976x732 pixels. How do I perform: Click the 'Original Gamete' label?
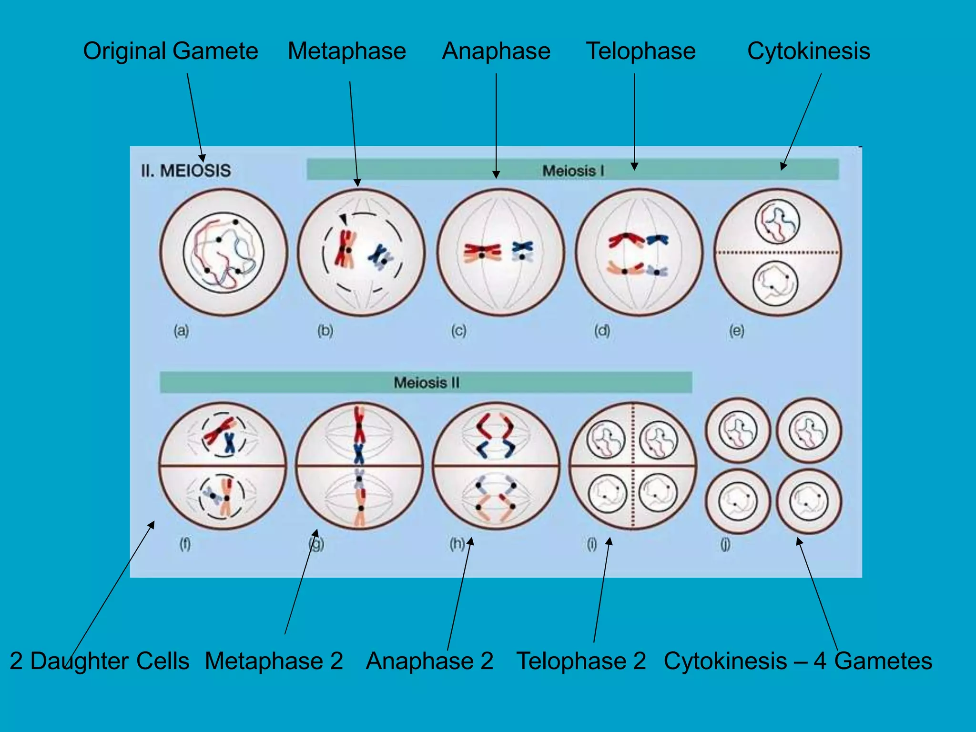[170, 51]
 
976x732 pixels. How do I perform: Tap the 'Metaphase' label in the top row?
[347, 51]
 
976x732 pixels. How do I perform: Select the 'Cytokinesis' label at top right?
[808, 51]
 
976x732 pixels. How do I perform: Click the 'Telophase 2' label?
[581, 661]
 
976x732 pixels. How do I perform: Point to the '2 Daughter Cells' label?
[100, 661]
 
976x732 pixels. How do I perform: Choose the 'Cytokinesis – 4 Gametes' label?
[798, 661]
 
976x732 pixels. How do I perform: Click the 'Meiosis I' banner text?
[573, 171]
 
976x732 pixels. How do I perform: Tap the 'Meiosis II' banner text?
[426, 383]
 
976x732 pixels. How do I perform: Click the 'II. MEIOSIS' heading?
[186, 171]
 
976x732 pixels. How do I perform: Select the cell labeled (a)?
[224, 252]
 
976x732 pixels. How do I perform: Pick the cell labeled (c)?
[500, 252]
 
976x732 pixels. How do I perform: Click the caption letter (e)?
[736, 330]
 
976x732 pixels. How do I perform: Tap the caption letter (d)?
[602, 330]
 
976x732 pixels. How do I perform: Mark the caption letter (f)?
[185, 544]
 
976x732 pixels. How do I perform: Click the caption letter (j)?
[725, 544]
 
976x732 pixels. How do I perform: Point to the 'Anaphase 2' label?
[429, 661]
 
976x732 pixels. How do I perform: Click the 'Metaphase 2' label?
[274, 661]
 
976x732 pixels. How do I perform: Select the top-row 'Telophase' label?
[640, 51]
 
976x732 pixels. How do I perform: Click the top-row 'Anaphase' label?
[496, 51]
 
